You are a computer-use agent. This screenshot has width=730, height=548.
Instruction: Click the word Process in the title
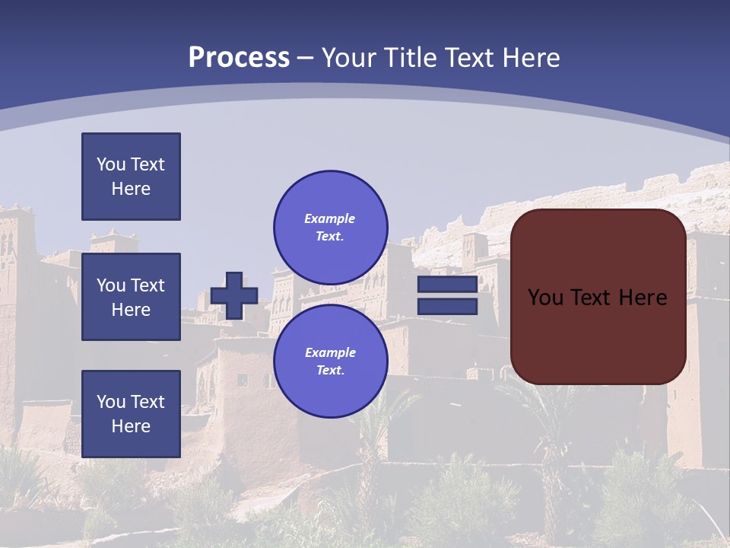pos(239,58)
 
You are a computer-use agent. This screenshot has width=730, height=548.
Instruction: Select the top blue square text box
pos(131,177)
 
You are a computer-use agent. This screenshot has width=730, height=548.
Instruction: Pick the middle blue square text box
pos(131,297)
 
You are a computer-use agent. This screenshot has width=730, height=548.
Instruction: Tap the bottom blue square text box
pos(131,414)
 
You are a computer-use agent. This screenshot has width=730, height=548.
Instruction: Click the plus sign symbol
pos(234,295)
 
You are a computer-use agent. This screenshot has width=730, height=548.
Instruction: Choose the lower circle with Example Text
pos(330,361)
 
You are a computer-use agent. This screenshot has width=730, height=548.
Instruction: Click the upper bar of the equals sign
pos(447,285)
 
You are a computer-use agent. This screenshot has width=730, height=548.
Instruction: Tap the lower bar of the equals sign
pos(447,307)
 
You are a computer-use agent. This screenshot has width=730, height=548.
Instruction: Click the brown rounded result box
pos(598,335)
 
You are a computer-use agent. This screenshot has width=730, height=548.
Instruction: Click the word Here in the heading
pos(530,58)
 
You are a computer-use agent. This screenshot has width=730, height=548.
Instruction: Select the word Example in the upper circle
pos(329,218)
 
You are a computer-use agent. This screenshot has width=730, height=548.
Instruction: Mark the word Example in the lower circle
pos(330,352)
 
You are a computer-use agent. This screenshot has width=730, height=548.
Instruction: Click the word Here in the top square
pos(131,189)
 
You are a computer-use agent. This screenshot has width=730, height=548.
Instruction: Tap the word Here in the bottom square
pos(131,426)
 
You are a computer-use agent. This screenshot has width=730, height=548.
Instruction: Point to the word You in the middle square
pos(111,285)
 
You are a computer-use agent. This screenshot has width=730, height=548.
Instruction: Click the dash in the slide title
pos(305,58)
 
